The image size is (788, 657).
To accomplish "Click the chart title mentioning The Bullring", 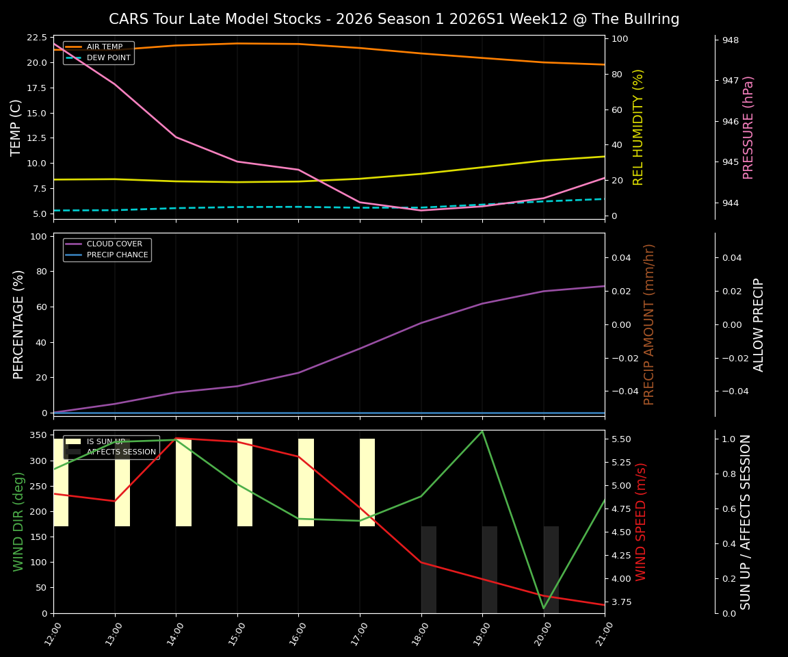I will pos(394,19).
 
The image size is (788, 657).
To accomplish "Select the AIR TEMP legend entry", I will pos(104,47).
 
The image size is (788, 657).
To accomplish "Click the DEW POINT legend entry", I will pos(108,58).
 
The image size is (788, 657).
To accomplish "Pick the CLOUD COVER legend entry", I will pos(114,244).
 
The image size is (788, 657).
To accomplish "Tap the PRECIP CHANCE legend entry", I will pos(117,255).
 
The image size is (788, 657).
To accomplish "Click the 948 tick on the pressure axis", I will pos(731,40).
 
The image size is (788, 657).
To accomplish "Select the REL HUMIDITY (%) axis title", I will pos(638,127).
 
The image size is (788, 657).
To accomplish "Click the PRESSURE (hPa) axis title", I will pos(748,127).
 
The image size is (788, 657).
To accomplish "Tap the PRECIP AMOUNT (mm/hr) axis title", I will pos(649,324).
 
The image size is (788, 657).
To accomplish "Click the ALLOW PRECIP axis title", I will pos(759,324).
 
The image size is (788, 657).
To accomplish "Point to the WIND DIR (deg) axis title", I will pos(19,521).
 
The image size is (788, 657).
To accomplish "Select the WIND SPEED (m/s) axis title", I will pos(641,521).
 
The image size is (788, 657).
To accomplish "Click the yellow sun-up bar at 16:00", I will pos(306,482).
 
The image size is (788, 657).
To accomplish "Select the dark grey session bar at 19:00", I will pos(490,569).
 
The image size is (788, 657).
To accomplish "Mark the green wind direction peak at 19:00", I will pos(482,431).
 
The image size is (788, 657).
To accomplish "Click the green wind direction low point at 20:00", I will pos(544,608).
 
